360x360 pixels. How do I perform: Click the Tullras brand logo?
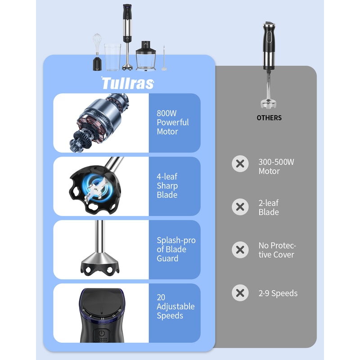pos(128,83)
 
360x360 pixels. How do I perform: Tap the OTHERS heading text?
pos(269,118)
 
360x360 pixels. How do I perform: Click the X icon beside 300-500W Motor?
pos(240,164)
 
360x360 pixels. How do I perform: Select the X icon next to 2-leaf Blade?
pos(240,207)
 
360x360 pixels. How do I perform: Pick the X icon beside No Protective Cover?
pos(240,250)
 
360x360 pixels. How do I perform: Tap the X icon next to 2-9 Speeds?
pos(240,293)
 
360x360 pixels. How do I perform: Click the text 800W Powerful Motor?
pos(172,122)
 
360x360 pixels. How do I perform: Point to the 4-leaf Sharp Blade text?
pos(167,186)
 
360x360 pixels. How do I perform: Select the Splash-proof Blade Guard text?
pos(176,249)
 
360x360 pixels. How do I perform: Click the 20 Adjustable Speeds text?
pos(175,306)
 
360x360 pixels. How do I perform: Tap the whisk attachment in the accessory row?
pos(97,52)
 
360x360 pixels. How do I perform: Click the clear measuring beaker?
pos(112,57)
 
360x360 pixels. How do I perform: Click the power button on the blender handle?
pos(102,333)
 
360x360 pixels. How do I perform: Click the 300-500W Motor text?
pos(276,166)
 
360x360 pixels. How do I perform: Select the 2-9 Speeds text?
pos(278,293)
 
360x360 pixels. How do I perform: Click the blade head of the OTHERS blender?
pos(269,103)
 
